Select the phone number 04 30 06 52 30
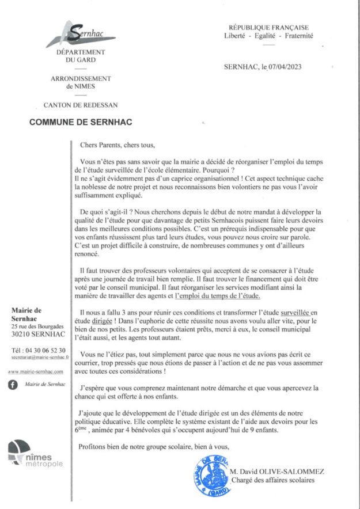(x=45, y=350)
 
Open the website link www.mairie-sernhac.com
(x=36, y=373)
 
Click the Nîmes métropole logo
(x=35, y=454)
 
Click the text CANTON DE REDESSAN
(x=81, y=105)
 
